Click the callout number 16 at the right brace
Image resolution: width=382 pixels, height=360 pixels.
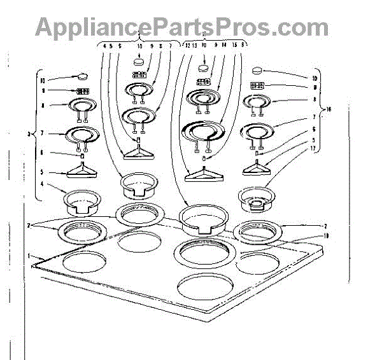coord(329,109)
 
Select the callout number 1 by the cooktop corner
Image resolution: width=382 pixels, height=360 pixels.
coord(28,256)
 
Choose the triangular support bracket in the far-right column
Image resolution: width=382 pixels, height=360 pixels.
coord(258,168)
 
